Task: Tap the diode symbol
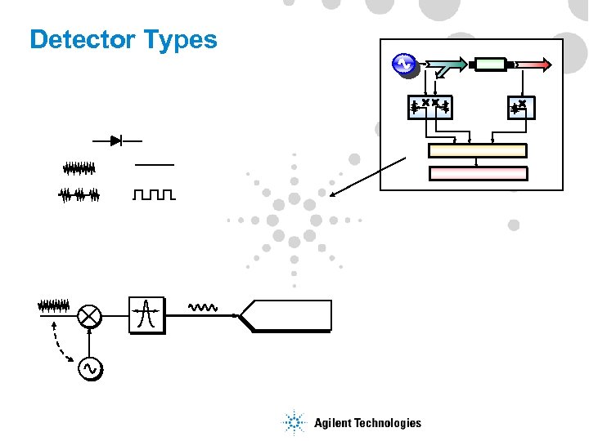(116, 141)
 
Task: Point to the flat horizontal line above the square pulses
(154, 165)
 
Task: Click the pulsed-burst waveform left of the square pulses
(79, 194)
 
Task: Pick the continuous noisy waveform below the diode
(79, 168)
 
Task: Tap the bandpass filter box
(146, 314)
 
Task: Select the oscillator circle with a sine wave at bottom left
(90, 370)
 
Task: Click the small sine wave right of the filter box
(201, 308)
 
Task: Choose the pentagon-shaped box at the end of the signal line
(287, 315)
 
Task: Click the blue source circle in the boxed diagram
(403, 64)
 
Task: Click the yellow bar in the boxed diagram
(478, 150)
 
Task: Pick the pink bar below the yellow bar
(478, 173)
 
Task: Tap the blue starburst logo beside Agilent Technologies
(294, 422)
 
